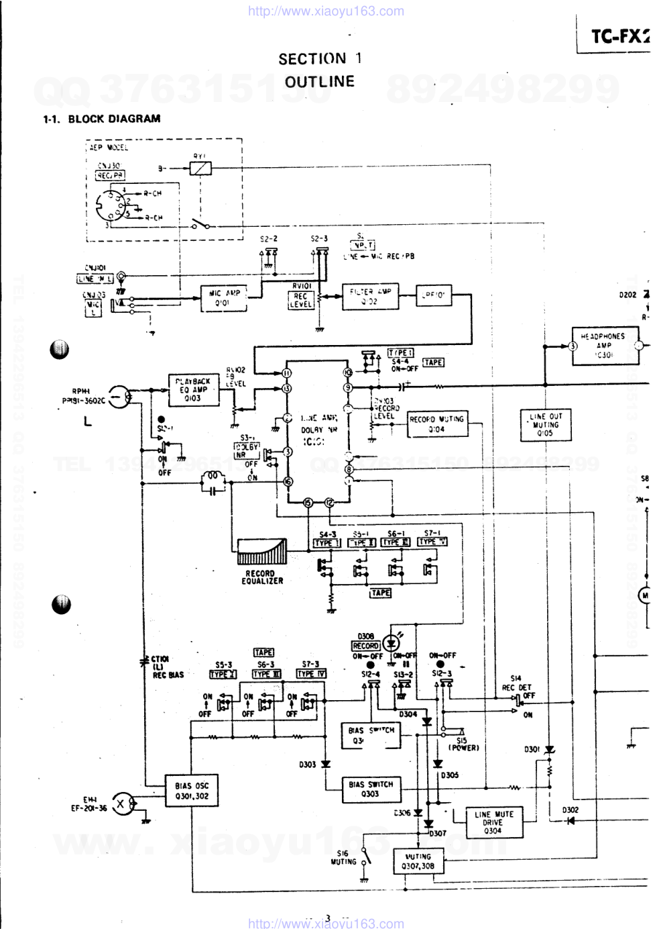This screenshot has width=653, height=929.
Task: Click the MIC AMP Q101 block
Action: [x=224, y=298]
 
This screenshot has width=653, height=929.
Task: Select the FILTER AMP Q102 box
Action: [x=369, y=296]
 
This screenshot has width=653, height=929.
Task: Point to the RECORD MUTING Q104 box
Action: [x=436, y=424]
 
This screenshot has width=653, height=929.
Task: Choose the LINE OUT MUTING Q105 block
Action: [x=546, y=425]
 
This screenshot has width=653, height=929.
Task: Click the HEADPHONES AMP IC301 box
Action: [x=603, y=346]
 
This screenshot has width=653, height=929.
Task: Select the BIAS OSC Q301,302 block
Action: [x=192, y=791]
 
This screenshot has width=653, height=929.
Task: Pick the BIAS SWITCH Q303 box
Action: [x=370, y=789]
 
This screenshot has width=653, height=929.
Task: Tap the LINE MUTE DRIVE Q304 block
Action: [x=493, y=822]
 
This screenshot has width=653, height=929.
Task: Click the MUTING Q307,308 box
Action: [x=418, y=861]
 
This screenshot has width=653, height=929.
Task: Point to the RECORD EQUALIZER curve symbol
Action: [x=261, y=552]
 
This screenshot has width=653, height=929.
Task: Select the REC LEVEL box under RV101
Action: [x=300, y=299]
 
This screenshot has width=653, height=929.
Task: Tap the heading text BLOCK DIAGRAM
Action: [x=114, y=119]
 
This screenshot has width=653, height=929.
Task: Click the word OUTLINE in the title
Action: [x=319, y=82]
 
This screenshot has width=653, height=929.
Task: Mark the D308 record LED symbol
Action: [x=391, y=644]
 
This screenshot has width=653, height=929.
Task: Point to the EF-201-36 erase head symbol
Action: [x=121, y=803]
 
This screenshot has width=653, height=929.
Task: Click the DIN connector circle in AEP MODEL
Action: [x=110, y=205]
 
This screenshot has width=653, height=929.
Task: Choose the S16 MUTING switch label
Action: [x=343, y=858]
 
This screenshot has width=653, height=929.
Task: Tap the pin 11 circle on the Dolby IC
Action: [x=287, y=373]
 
